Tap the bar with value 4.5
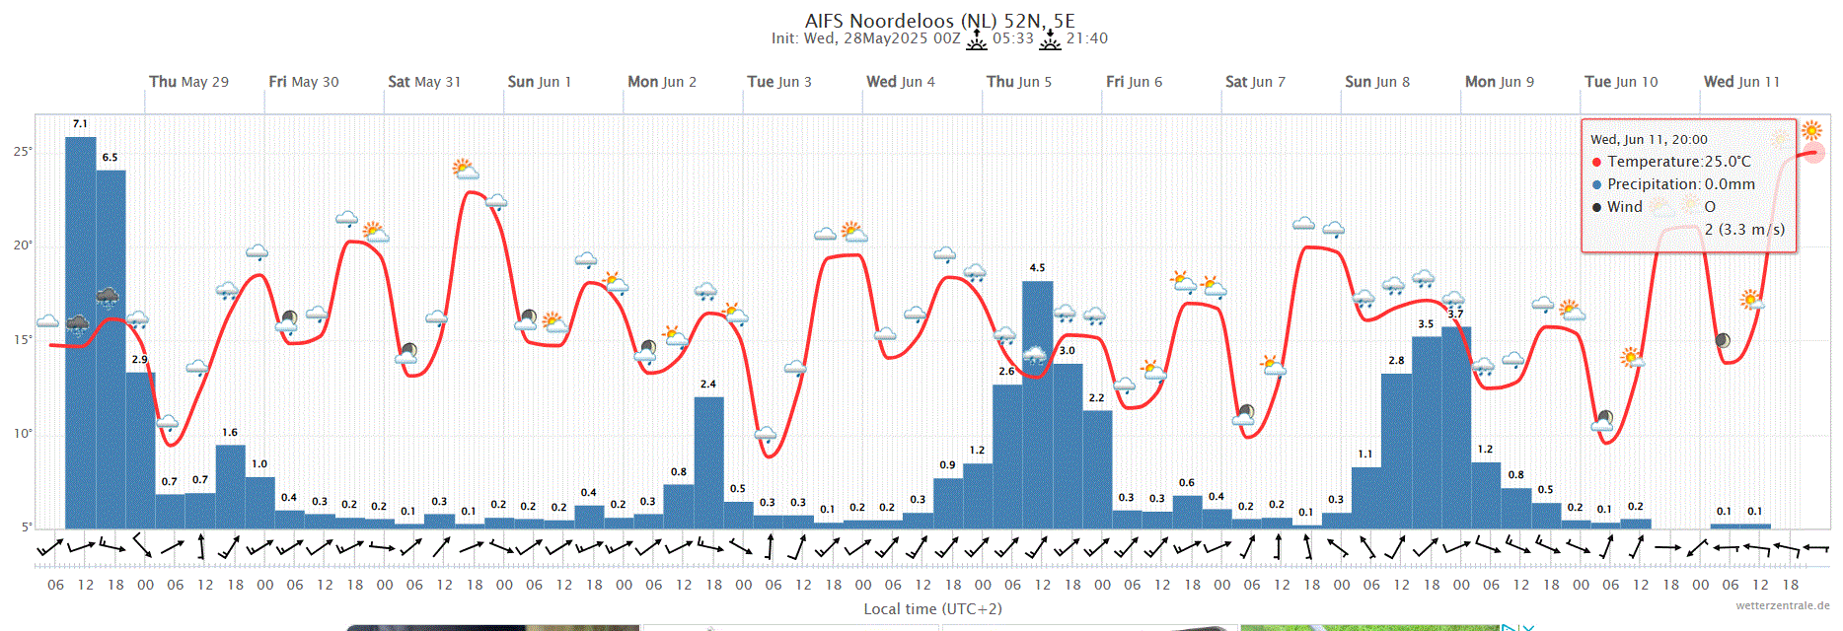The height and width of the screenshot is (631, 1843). [1037, 404]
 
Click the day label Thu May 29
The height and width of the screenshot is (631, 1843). [188, 82]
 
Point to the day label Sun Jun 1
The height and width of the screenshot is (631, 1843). [539, 82]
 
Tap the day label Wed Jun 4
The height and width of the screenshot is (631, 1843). [900, 82]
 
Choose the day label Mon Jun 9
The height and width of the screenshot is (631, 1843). [1499, 82]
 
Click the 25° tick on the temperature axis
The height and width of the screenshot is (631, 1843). [23, 152]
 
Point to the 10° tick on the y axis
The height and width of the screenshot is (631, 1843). [23, 434]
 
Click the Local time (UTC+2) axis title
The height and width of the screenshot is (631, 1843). [932, 609]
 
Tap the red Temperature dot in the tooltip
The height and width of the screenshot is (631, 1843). [1596, 162]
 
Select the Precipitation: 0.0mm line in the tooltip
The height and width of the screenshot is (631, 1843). [1680, 184]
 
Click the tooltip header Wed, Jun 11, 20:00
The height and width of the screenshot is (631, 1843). [1649, 140]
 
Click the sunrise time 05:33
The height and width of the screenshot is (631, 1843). [1012, 38]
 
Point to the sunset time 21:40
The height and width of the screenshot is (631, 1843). [1086, 38]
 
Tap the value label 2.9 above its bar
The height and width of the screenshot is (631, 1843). [140, 360]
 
